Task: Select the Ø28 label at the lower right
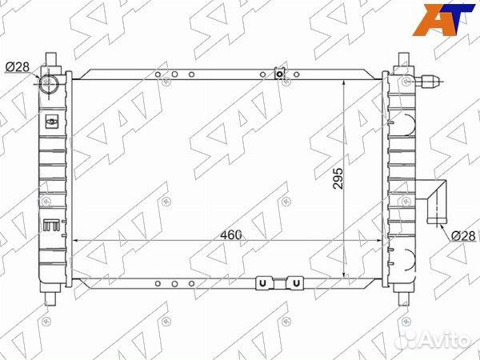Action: [x=462, y=235]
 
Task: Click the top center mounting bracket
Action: [x=280, y=74]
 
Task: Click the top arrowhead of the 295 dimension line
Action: [x=345, y=83]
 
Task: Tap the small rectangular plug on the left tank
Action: [x=52, y=122]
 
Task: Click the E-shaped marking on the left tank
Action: [x=50, y=225]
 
